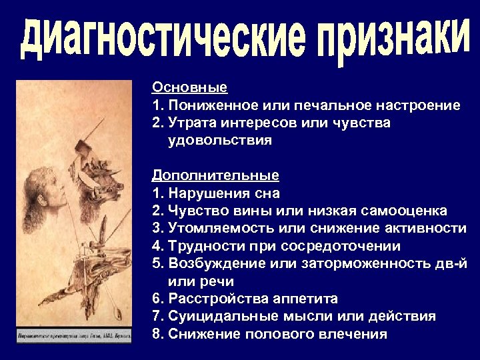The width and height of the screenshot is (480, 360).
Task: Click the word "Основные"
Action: pyautogui.click(x=189, y=87)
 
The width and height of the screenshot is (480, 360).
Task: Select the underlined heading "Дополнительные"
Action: pyautogui.click(x=215, y=175)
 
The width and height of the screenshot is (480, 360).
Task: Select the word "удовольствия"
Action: pyautogui.click(x=220, y=141)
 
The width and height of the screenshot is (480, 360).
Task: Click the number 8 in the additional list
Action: pyautogui.click(x=156, y=334)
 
